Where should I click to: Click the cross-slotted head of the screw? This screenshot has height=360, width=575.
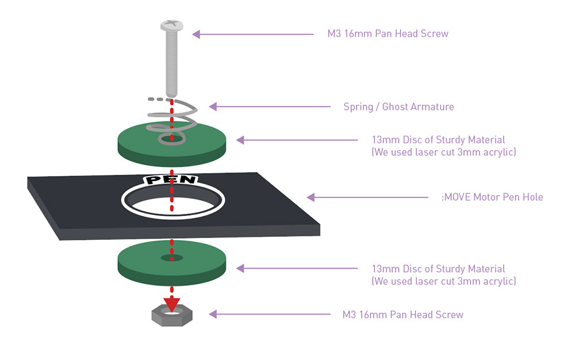click(x=171, y=26)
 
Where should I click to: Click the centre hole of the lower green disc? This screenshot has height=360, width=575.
click(x=171, y=257)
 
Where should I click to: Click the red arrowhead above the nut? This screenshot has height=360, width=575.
click(x=171, y=303)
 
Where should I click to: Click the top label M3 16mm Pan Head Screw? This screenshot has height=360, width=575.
click(x=388, y=33)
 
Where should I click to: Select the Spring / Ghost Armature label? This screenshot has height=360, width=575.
click(x=398, y=106)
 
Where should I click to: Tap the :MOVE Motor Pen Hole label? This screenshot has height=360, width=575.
click(x=492, y=197)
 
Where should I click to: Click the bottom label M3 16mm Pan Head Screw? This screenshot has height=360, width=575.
click(x=402, y=315)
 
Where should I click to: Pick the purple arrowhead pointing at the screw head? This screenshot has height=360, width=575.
click(x=196, y=34)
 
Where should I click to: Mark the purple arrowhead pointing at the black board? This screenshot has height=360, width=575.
click(x=310, y=197)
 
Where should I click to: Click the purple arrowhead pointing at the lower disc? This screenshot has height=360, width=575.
click(x=240, y=268)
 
